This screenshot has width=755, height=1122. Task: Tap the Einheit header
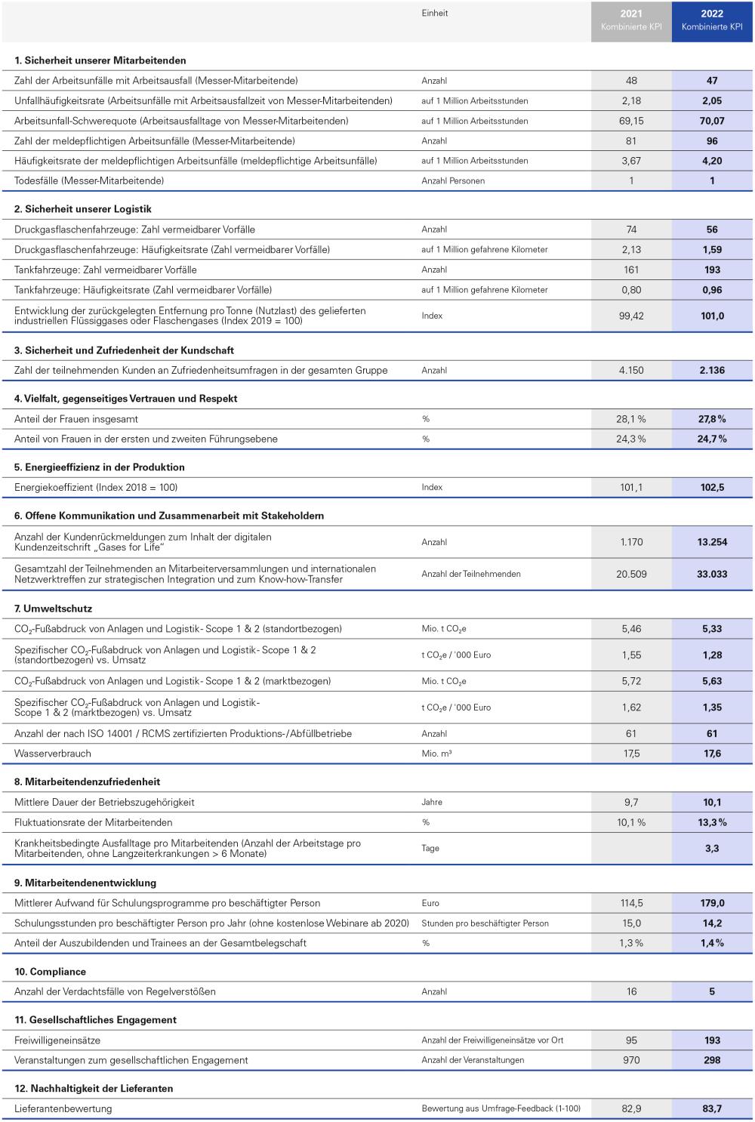[x=435, y=14]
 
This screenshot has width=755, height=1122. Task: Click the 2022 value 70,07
[x=712, y=121]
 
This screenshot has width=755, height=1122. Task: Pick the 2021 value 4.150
[x=631, y=370]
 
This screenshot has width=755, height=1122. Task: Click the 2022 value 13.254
[x=712, y=542]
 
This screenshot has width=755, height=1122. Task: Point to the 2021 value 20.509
[x=631, y=574]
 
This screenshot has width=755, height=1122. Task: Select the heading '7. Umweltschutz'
[x=53, y=609]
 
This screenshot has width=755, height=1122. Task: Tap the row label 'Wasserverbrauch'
[x=53, y=754]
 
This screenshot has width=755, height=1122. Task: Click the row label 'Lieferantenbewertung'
[x=63, y=1108]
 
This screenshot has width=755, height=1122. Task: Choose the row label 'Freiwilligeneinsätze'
[x=57, y=1040]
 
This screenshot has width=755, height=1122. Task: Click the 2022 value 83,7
[x=712, y=1108]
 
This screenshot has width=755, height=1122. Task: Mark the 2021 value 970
[x=631, y=1060]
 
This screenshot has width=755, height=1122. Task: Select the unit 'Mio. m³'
[x=436, y=754]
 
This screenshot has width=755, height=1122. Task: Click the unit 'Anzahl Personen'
[x=453, y=181]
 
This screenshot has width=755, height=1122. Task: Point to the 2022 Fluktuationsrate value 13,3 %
[x=712, y=822]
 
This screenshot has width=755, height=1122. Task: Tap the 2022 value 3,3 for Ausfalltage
[x=712, y=849]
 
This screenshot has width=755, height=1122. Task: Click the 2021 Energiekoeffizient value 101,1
[x=631, y=488]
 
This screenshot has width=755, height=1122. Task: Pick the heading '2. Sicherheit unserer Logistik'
[x=83, y=209]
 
